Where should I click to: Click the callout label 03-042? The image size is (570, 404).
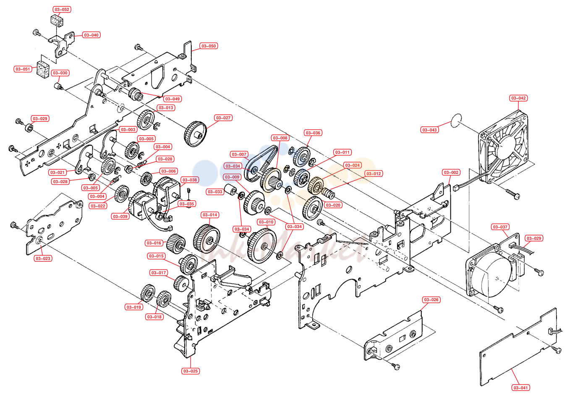[518, 98]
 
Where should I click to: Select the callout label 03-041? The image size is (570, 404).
[520, 388]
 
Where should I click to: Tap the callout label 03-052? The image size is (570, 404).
[62, 9]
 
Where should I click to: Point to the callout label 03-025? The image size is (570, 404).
[191, 371]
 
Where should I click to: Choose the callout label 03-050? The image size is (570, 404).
[209, 46]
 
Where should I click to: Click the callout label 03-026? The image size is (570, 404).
[431, 299]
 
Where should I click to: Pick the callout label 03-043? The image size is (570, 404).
[429, 130]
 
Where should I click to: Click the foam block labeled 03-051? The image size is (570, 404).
[43, 69]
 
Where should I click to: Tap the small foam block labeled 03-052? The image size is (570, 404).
[57, 21]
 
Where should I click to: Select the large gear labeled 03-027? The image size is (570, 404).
[195, 134]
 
